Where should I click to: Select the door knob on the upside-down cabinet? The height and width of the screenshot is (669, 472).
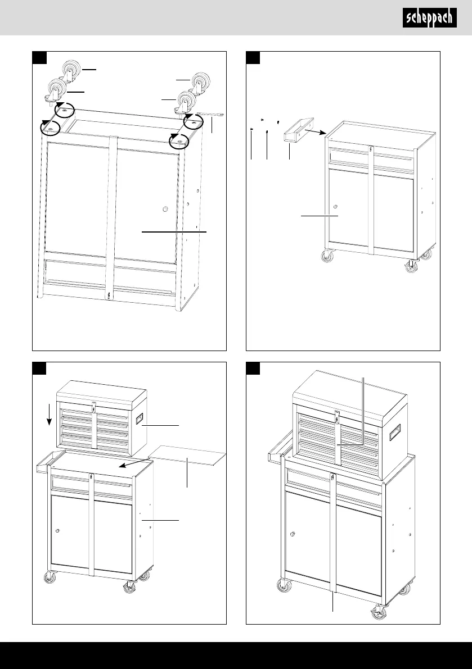[165, 210]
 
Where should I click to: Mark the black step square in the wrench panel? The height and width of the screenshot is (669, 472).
[39, 58]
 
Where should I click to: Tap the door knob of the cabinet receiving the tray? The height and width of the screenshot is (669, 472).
[335, 207]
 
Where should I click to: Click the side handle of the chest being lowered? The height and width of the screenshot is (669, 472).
[139, 420]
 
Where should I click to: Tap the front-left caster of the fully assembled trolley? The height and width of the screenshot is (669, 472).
[281, 587]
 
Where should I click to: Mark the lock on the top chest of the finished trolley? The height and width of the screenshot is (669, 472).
[336, 416]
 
